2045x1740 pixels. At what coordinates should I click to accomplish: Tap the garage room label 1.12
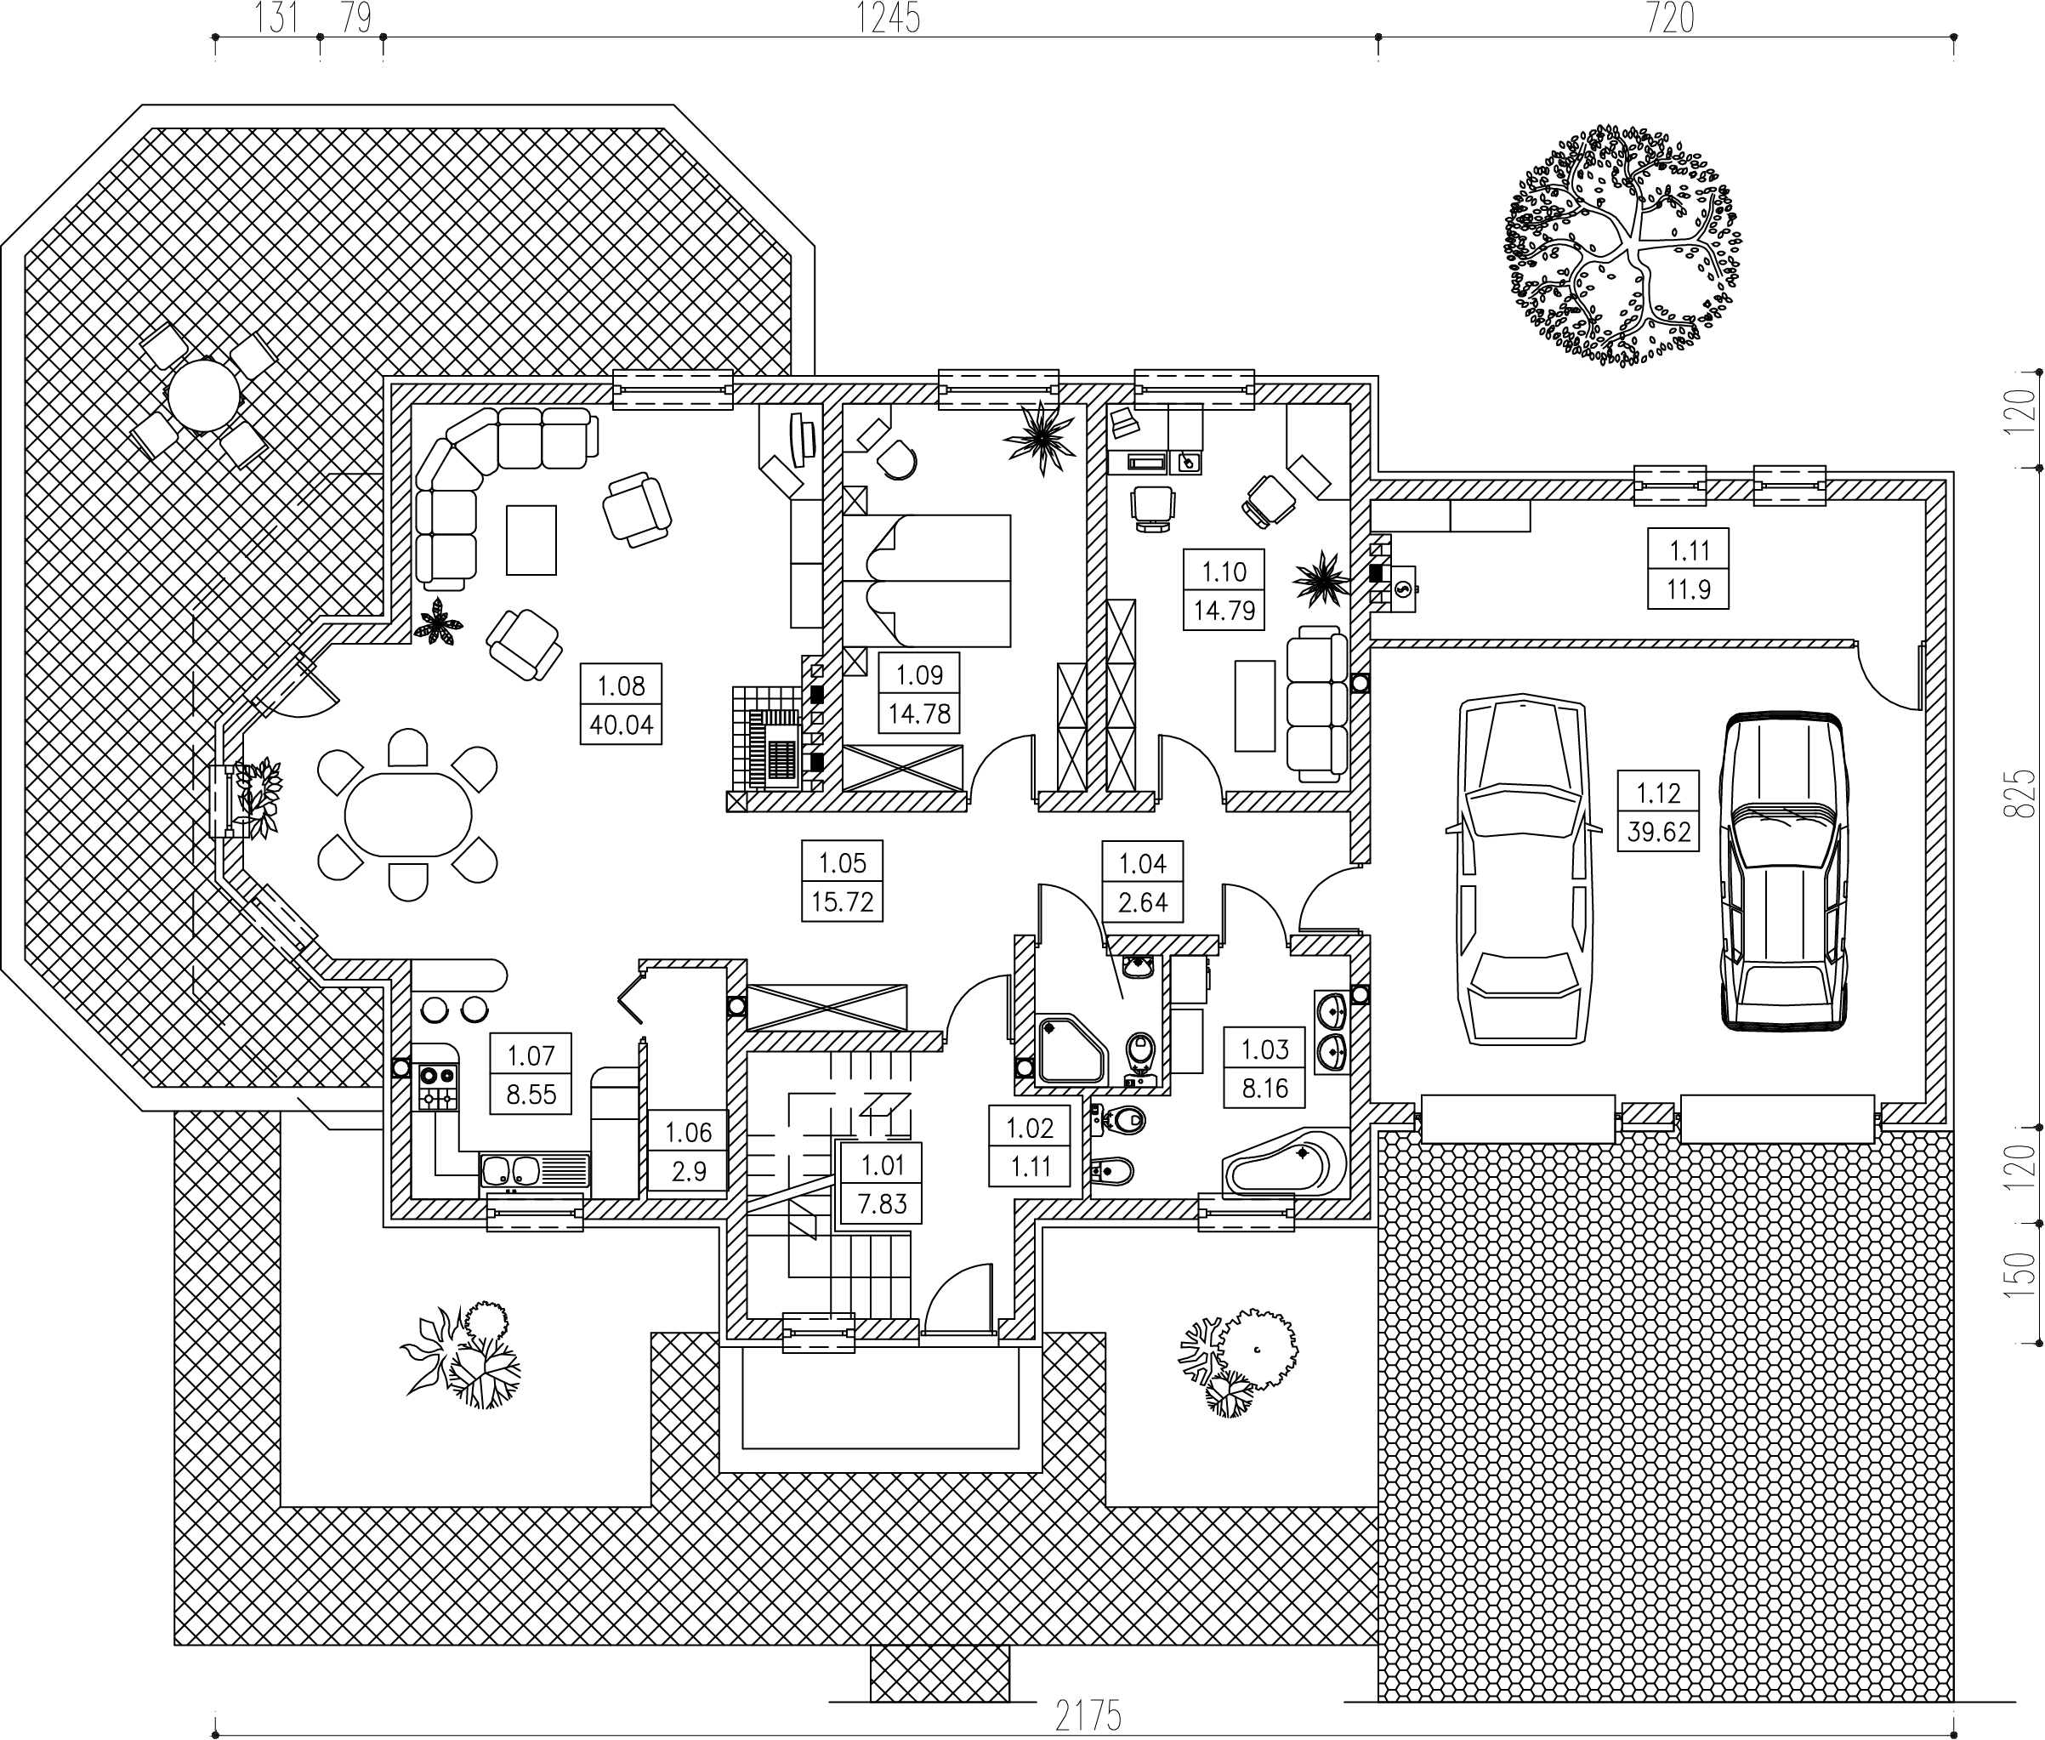(x=1658, y=792)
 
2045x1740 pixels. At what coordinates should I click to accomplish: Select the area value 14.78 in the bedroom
(x=919, y=714)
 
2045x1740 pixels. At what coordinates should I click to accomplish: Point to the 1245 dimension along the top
(x=888, y=18)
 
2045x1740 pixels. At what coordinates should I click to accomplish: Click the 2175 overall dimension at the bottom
(x=1088, y=1717)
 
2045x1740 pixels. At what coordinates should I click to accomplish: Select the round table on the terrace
(x=203, y=395)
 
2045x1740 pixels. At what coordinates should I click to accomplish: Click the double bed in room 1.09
(x=927, y=580)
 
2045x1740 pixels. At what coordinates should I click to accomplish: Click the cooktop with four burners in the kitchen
(x=438, y=1086)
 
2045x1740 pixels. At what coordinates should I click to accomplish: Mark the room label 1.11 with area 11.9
(x=1688, y=570)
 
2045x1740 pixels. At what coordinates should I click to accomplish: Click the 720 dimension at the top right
(x=1668, y=18)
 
